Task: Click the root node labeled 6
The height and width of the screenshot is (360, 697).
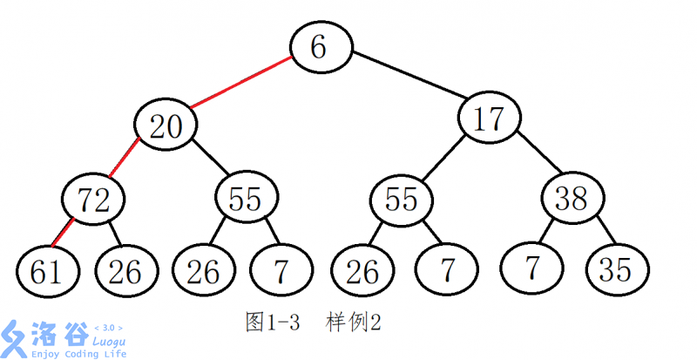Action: [x=320, y=47]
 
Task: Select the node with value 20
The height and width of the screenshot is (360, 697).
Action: [x=166, y=127]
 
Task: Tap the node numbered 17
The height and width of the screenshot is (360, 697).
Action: [x=491, y=120]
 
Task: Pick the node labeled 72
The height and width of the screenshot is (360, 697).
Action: [x=93, y=200]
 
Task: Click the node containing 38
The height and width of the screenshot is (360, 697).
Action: [x=572, y=200]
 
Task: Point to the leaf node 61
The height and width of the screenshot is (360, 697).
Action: [x=46, y=271]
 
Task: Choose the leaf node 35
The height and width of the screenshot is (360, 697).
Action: [x=614, y=270]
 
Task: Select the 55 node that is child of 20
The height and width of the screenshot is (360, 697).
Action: [x=246, y=200]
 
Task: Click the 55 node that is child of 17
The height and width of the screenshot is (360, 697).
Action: [x=402, y=200]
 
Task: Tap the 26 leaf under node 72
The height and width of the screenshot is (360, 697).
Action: [x=125, y=271]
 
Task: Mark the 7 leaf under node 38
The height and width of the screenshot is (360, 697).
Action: [x=531, y=270]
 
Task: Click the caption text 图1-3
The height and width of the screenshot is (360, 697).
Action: [x=273, y=322]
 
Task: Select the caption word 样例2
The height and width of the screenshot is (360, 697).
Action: [x=353, y=322]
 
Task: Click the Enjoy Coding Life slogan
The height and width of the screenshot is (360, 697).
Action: [x=78, y=354]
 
